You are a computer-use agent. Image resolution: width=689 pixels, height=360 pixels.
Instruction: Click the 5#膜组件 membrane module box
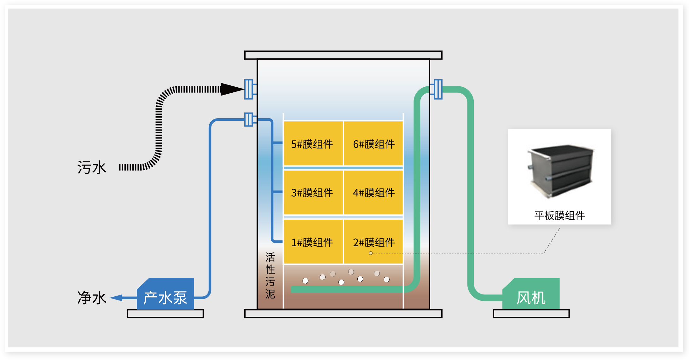[x=313, y=143]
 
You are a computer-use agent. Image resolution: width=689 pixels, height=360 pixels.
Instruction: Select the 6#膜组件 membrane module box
[x=373, y=143]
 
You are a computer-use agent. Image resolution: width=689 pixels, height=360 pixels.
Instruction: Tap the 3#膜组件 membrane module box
[x=313, y=192]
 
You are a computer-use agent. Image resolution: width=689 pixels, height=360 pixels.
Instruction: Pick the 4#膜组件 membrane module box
[x=373, y=192]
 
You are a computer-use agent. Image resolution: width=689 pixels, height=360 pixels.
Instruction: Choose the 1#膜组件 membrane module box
[x=313, y=242]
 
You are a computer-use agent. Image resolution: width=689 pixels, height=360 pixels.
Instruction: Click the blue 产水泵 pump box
[x=166, y=295]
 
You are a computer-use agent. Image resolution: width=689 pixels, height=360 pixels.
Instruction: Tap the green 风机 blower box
[x=531, y=295]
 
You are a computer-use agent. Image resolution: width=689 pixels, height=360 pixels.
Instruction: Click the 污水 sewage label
[x=92, y=167]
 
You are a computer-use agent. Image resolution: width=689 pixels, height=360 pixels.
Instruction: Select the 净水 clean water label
[x=92, y=298]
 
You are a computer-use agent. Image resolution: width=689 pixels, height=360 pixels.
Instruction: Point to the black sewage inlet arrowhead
[x=232, y=89]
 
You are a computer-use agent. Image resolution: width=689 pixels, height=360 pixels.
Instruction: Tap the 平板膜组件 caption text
[x=559, y=216]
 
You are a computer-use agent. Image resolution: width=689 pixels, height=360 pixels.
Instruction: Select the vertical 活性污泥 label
[x=270, y=276]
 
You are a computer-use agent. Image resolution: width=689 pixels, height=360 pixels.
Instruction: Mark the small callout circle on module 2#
[x=371, y=253]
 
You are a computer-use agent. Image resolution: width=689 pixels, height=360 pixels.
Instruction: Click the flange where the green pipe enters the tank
[x=438, y=89]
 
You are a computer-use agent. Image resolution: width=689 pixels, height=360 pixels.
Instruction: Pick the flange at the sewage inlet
[x=249, y=89]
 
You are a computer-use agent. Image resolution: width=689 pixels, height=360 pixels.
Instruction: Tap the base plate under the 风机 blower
[x=531, y=314]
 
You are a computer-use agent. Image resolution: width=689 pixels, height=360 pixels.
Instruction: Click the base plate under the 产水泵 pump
[x=165, y=314]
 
